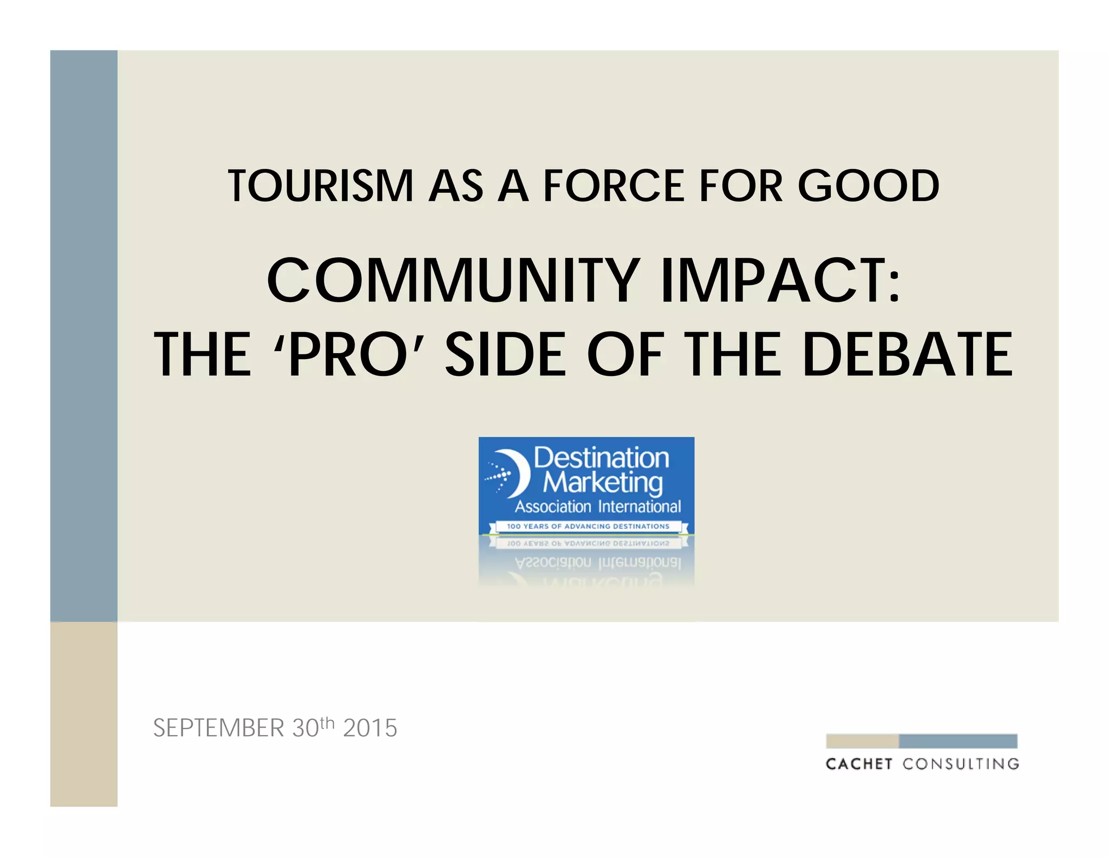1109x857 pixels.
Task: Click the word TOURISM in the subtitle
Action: click(x=321, y=186)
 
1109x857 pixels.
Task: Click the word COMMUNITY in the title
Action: click(x=453, y=281)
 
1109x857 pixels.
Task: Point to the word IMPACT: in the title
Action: click(x=780, y=281)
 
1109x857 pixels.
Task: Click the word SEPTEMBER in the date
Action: click(x=218, y=728)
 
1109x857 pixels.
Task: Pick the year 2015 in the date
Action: click(x=370, y=728)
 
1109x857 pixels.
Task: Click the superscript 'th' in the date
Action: click(x=328, y=723)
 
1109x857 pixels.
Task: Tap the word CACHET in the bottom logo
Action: click(x=859, y=764)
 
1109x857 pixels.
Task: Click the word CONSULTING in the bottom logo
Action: click(x=961, y=764)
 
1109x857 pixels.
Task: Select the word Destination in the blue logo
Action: click(x=601, y=458)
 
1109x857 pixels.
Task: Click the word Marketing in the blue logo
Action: click(x=602, y=482)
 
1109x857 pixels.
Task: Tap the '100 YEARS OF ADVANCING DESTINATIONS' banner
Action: click(x=588, y=526)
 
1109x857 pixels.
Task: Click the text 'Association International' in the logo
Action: click(x=598, y=507)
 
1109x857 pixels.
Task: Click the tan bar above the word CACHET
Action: click(x=862, y=741)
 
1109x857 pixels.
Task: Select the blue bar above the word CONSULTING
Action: click(x=958, y=741)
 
